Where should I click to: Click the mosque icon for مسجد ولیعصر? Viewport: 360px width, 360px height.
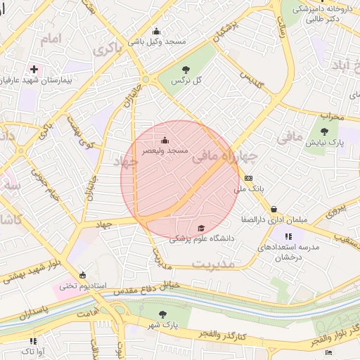pyautogui.click(x=165, y=139)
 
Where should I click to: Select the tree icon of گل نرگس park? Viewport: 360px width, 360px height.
pyautogui.click(x=186, y=70)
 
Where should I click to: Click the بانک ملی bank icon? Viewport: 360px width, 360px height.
pyautogui.click(x=248, y=178)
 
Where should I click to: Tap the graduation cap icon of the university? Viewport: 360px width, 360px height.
pyautogui.click(x=202, y=228)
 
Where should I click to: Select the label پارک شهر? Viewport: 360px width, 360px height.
pyautogui.click(x=164, y=326)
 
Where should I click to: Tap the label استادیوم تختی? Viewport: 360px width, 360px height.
pyautogui.click(x=82, y=285)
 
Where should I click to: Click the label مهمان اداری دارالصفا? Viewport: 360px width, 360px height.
pyautogui.click(x=276, y=219)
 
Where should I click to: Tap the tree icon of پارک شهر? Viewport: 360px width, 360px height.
pyautogui.click(x=164, y=314)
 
